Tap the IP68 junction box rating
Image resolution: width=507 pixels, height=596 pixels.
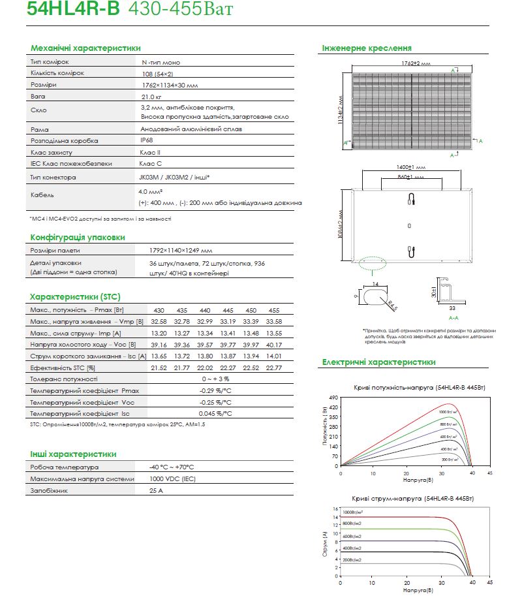[147, 140]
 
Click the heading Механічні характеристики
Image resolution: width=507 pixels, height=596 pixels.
[85, 48]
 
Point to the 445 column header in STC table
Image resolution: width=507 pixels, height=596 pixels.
[228, 309]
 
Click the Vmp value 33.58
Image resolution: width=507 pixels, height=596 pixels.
[273, 321]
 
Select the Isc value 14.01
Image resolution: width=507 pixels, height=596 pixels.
[273, 356]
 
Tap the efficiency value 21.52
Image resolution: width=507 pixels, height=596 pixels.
[159, 368]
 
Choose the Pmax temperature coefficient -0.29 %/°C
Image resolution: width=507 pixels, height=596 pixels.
[215, 390]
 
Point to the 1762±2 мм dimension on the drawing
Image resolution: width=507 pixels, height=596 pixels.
[416, 63]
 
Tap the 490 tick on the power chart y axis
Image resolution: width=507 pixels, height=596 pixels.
[335, 397]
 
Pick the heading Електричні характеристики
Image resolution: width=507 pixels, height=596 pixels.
[378, 362]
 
